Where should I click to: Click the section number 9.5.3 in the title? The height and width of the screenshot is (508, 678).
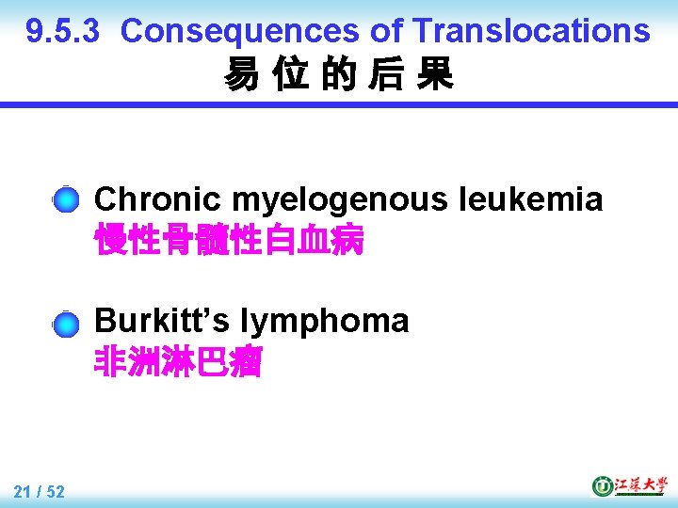[63, 31]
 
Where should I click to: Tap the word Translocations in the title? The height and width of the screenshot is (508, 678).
[531, 31]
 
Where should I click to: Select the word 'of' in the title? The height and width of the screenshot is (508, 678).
[386, 31]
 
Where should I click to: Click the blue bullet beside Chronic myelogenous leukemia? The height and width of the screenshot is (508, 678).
[66, 200]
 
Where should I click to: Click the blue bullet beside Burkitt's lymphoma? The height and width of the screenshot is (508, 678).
[66, 325]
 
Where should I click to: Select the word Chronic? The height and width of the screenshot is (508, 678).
[158, 199]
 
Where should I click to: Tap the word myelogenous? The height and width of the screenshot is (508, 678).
[340, 199]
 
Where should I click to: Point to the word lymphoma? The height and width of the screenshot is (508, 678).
[325, 321]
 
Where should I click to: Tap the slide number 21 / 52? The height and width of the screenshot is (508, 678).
[40, 490]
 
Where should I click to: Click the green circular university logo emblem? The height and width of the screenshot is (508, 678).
[602, 485]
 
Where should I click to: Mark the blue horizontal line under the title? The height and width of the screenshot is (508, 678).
[339, 105]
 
